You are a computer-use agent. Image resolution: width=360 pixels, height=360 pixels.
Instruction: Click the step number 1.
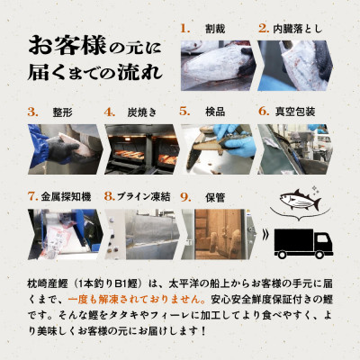(186, 29)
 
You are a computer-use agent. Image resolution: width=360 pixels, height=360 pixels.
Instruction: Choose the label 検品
(215, 112)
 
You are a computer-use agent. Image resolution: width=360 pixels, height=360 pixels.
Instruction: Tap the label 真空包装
(298, 112)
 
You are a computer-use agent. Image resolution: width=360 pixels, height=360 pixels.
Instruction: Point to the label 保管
(215, 194)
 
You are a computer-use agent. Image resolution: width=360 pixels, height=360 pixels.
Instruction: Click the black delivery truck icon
(303, 239)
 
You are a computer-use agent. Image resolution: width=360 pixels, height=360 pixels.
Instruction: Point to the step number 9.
(184, 194)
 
